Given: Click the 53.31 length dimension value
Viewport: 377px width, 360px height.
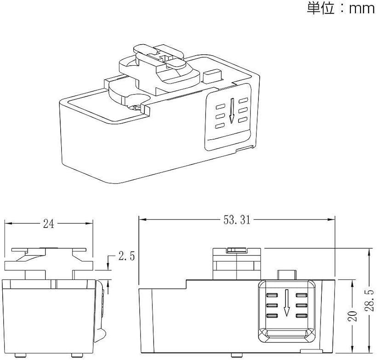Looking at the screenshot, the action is click(x=237, y=220).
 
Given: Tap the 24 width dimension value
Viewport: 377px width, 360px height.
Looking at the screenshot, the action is click(x=49, y=223).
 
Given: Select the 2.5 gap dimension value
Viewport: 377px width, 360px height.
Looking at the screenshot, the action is click(x=126, y=256).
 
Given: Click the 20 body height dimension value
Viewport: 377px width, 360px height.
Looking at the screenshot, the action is click(x=353, y=316).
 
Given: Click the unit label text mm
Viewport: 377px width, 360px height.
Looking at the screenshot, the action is click(x=362, y=9).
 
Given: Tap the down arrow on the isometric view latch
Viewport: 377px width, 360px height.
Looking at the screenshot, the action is click(x=232, y=111).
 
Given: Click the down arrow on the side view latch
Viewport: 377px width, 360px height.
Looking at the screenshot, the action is click(x=286, y=303).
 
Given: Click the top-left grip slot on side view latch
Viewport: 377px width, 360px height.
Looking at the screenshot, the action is click(x=272, y=295).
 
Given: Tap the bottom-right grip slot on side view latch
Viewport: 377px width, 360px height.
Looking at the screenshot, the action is click(x=302, y=316).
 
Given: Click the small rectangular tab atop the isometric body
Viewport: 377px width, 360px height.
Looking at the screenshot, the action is click(x=212, y=76).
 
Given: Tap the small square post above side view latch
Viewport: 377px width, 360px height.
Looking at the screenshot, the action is click(x=287, y=275).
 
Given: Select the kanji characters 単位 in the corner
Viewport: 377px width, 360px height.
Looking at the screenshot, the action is click(x=321, y=8).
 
